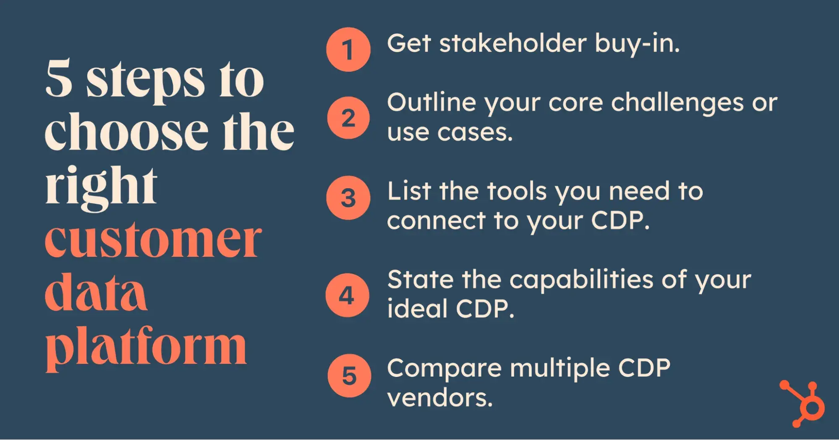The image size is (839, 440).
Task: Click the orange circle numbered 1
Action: [x=348, y=50]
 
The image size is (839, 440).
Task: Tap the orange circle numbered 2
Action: [x=348, y=118]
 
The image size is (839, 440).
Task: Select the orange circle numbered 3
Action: [x=348, y=198]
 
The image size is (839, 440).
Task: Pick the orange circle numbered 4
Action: [x=348, y=295]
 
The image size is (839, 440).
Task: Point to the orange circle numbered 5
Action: [x=349, y=375]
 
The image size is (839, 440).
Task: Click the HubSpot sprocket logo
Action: [x=802, y=404]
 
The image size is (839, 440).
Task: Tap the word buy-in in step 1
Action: [x=637, y=44]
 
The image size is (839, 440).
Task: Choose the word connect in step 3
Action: [x=436, y=221]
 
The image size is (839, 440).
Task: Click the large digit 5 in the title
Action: [x=59, y=78]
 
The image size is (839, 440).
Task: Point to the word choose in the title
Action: [x=127, y=131]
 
